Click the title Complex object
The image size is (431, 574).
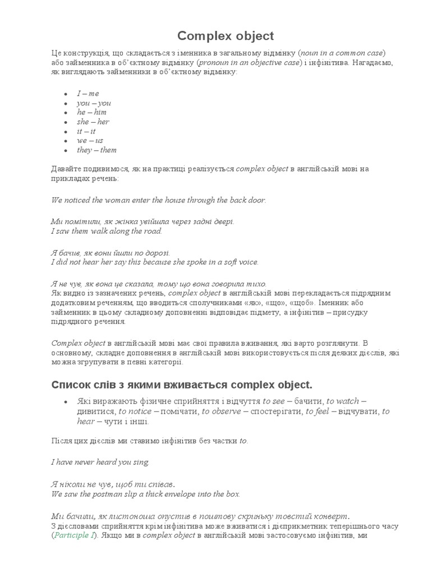[x=226, y=36]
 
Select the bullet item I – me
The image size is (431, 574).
[x=88, y=94]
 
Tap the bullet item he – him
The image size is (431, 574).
[x=91, y=112]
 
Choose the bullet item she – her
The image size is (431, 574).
[x=93, y=122]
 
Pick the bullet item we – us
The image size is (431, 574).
[x=90, y=141]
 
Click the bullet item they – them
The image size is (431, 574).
[x=97, y=150]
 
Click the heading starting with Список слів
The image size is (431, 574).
[x=181, y=385]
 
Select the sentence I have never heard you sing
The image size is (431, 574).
[x=100, y=462]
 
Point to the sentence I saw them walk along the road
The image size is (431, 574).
[x=107, y=231]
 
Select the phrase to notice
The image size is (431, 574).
[x=135, y=411]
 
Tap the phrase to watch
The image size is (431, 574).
[x=342, y=401]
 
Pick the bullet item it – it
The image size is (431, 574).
[x=86, y=131]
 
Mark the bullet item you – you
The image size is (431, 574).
[x=94, y=103]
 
